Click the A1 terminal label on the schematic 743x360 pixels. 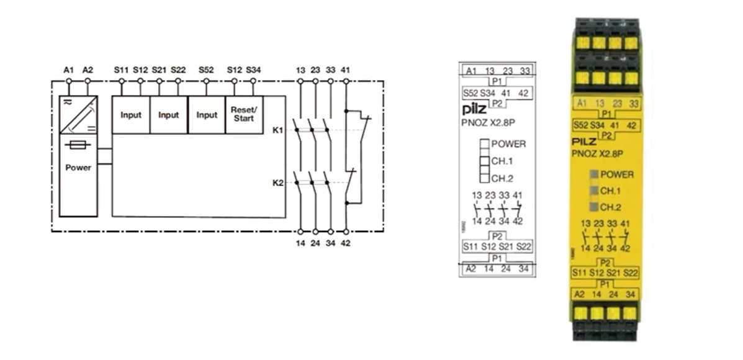click(x=69, y=70)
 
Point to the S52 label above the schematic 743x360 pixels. click(x=206, y=70)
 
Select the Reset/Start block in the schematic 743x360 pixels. click(x=244, y=115)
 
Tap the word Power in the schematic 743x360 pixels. click(x=78, y=167)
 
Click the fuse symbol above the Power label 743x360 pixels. click(x=78, y=145)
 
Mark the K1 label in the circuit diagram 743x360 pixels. click(x=277, y=130)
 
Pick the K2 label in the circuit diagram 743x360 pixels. click(x=277, y=182)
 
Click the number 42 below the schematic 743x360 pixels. click(x=346, y=243)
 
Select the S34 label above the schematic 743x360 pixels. click(x=253, y=70)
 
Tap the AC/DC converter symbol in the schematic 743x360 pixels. click(x=78, y=115)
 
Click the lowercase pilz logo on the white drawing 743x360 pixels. click(x=474, y=110)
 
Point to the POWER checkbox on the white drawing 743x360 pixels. click(x=484, y=144)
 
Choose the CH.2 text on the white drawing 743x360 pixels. click(x=502, y=179)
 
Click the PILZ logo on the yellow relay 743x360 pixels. click(x=584, y=142)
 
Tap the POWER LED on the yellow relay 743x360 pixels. click(x=594, y=174)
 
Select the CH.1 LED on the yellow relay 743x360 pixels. click(x=594, y=191)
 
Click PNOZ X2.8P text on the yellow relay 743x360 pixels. click(x=598, y=153)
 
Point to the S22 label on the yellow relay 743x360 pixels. click(x=630, y=273)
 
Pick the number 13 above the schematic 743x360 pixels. click(x=300, y=70)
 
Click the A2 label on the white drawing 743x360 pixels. click(x=471, y=269)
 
